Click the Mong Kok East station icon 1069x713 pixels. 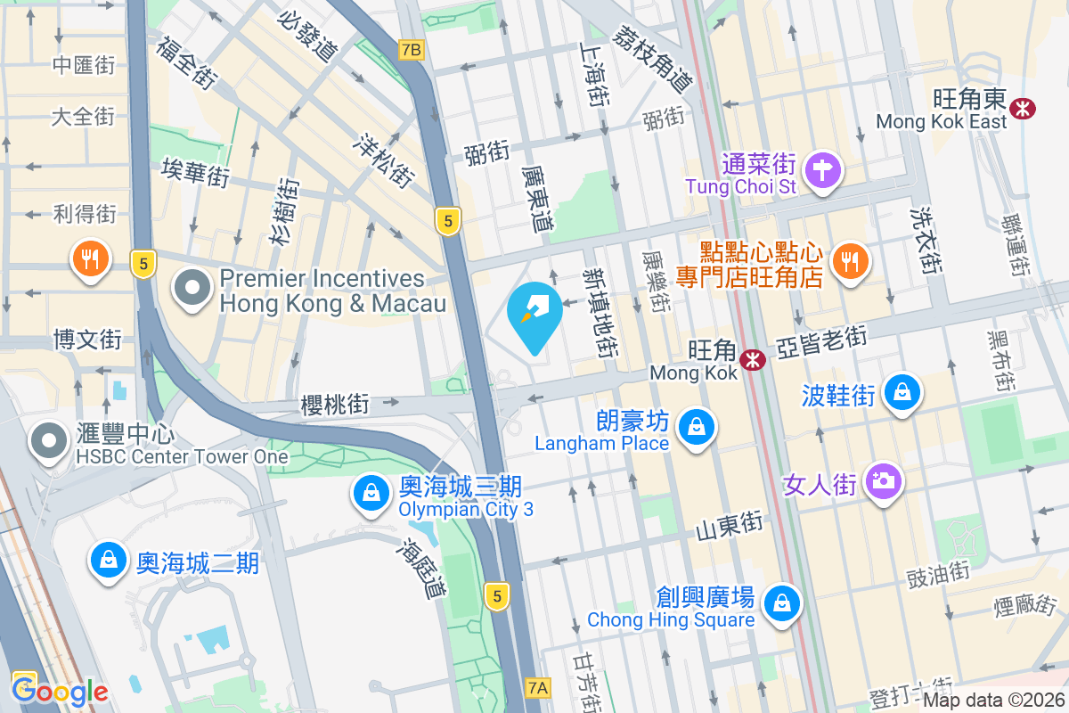tap(1022, 108)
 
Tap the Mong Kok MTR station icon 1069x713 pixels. tap(754, 360)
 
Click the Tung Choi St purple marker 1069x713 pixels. tap(823, 169)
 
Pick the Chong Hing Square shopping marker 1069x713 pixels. tap(781, 602)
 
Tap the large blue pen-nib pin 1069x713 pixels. tap(534, 314)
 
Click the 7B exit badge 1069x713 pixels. tap(411, 50)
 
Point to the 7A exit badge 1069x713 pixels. tap(538, 687)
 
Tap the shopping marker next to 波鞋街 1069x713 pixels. tap(902, 392)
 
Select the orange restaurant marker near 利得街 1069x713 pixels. tap(90, 258)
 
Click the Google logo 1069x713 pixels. tap(60, 691)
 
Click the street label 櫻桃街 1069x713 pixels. tap(335, 405)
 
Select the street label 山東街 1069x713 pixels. tap(729, 526)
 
